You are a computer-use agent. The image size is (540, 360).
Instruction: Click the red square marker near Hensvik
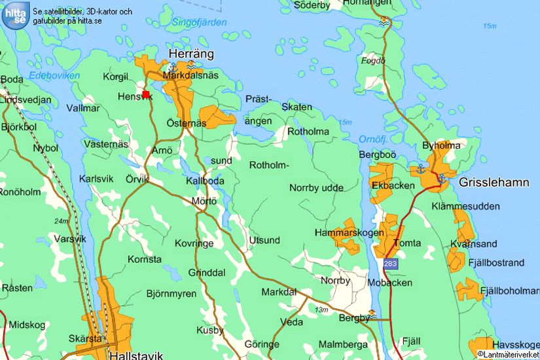pos(146,94)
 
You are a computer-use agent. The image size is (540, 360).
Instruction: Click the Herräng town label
pos(191,54)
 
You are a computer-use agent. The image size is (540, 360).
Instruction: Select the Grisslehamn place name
pos(494,183)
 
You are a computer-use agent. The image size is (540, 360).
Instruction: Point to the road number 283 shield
pos(390,263)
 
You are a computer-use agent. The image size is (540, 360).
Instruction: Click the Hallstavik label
pos(135,355)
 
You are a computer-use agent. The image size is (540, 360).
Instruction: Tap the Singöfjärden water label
pos(200,22)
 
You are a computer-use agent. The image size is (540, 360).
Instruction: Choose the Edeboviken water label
pos(54,76)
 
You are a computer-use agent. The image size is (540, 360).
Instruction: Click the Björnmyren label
pos(171,293)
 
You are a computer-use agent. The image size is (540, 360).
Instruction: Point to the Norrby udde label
pos(316,188)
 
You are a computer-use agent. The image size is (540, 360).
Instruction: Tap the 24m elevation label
pos(62,221)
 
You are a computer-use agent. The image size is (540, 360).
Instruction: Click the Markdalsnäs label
pos(190,76)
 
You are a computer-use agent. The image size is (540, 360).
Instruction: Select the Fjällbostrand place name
pos(496,262)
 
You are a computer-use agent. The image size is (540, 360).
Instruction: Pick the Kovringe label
pos(194,243)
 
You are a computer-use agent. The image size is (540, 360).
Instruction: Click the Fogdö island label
pos(373,61)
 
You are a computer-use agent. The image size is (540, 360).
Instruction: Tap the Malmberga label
pos(343,344)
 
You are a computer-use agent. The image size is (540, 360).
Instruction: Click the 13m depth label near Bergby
pos(321,310)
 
